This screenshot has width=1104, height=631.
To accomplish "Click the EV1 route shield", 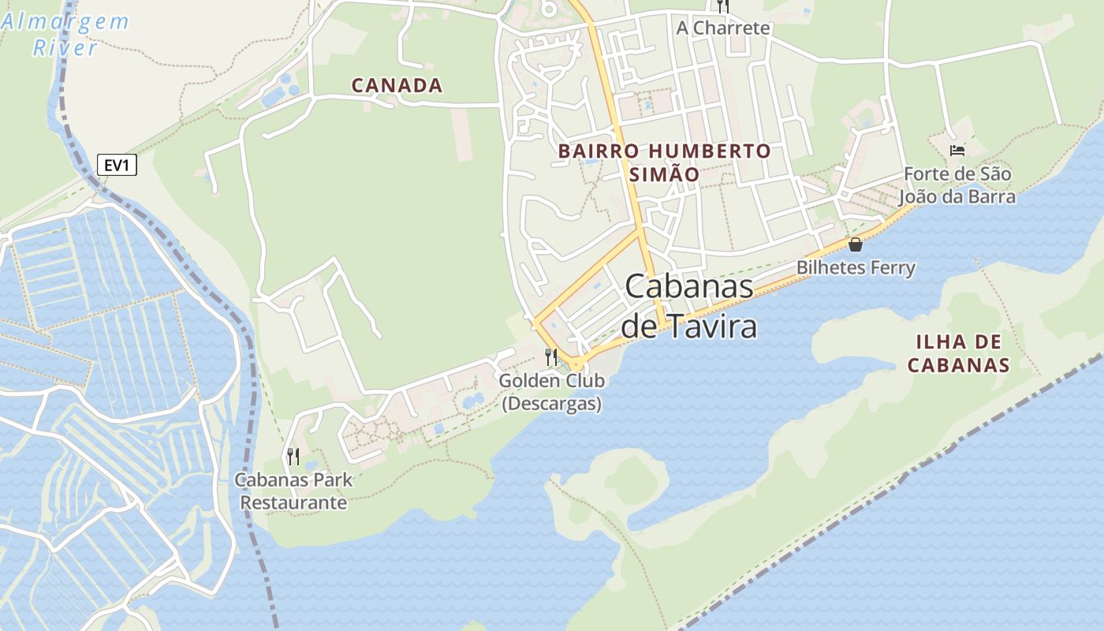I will tap(117, 165).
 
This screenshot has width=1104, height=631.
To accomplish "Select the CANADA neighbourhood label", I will tap(397, 85).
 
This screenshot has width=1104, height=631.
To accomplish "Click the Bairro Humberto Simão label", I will tap(664, 162).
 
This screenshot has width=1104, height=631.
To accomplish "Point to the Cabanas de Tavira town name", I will tap(689, 306).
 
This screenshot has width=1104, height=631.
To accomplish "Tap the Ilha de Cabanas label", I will tap(958, 353).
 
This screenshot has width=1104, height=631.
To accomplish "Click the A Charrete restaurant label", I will tap(722, 28).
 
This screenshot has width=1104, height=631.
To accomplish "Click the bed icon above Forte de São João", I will tap(957, 150).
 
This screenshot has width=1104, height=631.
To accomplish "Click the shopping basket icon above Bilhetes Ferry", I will tap(856, 245).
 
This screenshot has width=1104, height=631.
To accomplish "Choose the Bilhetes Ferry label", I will tap(856, 268).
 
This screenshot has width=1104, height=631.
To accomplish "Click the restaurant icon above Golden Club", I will tap(551, 357).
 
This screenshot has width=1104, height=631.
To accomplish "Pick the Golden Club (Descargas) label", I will tap(552, 392).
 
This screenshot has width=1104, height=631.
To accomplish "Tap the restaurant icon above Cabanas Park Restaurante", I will tap(293, 456).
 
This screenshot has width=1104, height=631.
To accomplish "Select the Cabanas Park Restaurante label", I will tap(293, 491).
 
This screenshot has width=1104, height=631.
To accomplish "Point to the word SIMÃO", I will tap(664, 175).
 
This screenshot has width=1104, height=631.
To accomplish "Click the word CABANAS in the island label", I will tap(958, 365).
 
